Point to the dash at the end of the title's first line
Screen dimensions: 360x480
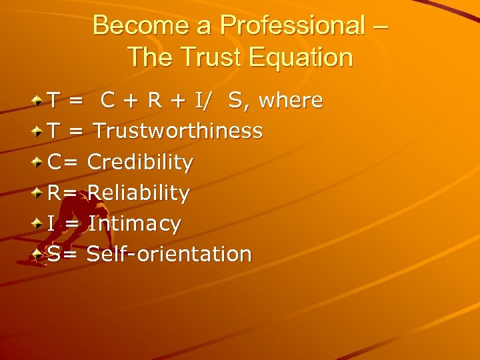coord(380,27)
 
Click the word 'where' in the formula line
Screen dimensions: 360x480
coord(291,101)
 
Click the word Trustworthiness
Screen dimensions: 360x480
coord(178,131)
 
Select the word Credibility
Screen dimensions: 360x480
coord(140,162)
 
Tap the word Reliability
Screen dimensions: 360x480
coord(139,193)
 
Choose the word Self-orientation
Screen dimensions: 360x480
coord(169,254)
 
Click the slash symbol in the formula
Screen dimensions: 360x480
coord(211,101)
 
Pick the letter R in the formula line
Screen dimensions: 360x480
coord(155,101)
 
